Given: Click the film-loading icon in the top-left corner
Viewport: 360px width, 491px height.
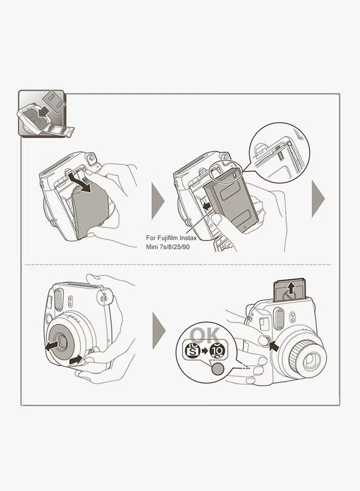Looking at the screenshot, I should [42, 113].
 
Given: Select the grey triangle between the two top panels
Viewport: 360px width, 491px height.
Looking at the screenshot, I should [157, 199].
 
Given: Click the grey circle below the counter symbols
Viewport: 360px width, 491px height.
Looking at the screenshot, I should [217, 369].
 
